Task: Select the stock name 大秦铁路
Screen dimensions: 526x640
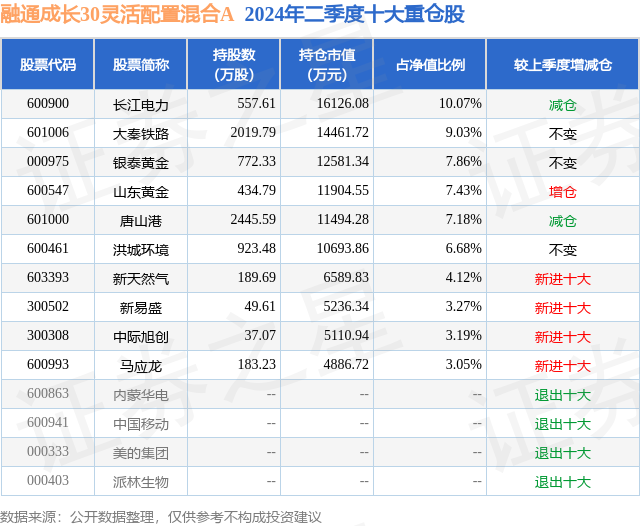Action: click(141, 133)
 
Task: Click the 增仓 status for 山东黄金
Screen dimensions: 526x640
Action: click(563, 191)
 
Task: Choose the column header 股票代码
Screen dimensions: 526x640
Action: click(48, 65)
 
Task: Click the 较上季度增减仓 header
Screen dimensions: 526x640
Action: click(563, 65)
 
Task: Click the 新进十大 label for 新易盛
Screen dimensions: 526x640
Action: click(563, 308)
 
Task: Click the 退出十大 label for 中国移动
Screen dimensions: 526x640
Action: click(563, 424)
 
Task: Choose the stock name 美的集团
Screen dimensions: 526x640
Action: click(141, 453)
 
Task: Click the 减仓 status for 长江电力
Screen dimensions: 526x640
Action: click(563, 104)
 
